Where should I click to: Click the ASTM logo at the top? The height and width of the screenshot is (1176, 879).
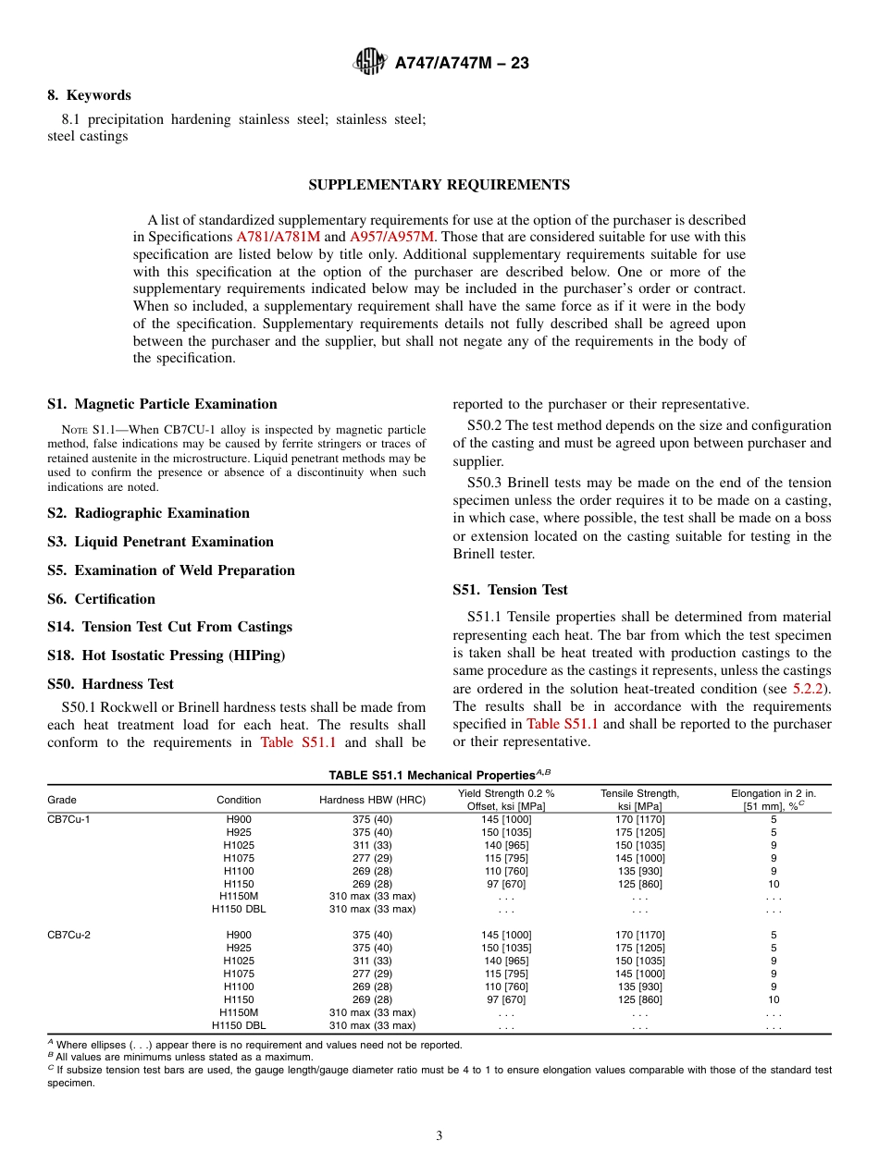[x=370, y=62]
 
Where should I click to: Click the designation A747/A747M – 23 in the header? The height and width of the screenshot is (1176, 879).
[x=462, y=63]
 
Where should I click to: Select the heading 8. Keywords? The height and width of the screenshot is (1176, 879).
[x=89, y=95]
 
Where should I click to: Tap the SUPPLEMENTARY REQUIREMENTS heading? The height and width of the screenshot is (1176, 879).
[x=439, y=185]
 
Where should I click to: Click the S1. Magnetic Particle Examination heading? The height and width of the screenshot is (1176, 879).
[x=162, y=404]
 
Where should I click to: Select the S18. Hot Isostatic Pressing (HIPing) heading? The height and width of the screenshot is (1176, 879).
[x=166, y=655]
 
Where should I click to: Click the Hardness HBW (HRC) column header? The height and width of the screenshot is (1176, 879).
[x=372, y=800]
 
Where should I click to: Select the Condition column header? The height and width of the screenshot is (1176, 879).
[x=239, y=800]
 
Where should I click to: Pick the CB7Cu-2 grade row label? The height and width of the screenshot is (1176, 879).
[x=68, y=935]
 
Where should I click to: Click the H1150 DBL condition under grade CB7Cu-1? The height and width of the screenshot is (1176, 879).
[x=239, y=910]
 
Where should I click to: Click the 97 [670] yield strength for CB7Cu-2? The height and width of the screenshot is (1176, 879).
[x=505, y=999]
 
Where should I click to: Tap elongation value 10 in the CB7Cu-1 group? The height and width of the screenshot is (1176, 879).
[x=774, y=884]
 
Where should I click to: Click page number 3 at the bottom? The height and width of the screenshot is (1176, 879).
[x=439, y=1136]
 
